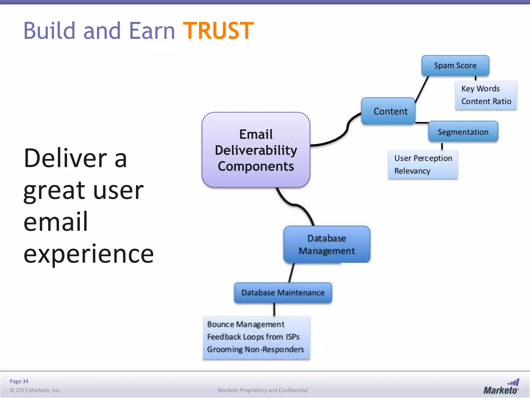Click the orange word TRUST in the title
point(218,31)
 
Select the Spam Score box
point(455,66)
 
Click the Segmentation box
point(463,132)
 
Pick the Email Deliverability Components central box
point(256,150)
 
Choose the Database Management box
point(327,245)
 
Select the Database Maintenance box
point(283,293)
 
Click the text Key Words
point(480,89)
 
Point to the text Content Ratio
point(486,101)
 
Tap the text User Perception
point(423,158)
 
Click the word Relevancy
point(412,171)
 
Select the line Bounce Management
point(246,324)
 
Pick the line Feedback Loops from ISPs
point(253,337)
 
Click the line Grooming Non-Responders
point(255,350)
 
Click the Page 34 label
point(19,381)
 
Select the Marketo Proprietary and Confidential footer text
point(262,390)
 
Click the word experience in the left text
point(89,254)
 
